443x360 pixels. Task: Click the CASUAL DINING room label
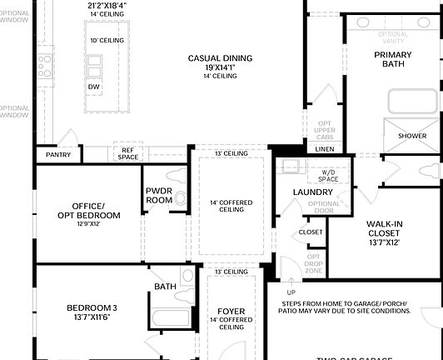[x=220, y=58]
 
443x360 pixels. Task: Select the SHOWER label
[x=411, y=136]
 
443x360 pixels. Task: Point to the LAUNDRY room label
[x=312, y=192]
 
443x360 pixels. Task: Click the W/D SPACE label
[x=328, y=175]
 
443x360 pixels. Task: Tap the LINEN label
[x=325, y=148]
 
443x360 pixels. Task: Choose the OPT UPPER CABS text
[x=325, y=129]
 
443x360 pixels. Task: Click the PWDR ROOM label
[x=159, y=195]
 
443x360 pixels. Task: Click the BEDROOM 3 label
[x=92, y=308]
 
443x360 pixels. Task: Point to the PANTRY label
[x=58, y=154]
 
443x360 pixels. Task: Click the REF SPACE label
[x=127, y=152]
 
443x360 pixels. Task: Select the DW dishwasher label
[x=94, y=86]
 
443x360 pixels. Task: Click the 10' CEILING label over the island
[x=107, y=40]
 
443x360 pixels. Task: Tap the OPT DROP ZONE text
[x=313, y=263]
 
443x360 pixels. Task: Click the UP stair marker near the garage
[x=291, y=292]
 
